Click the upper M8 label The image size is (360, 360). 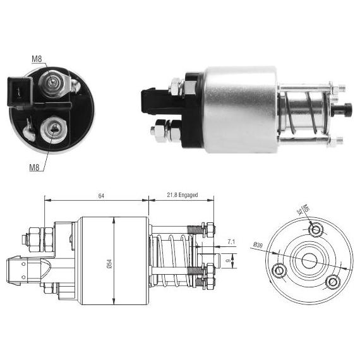tap(37, 59)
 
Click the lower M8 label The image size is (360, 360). tap(35, 167)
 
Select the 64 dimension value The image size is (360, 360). tap(101, 196)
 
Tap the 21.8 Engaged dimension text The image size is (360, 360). tap(183, 195)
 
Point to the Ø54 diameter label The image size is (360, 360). tap(109, 264)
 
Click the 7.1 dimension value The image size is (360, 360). tap(231, 241)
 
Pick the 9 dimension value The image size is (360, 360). tap(228, 261)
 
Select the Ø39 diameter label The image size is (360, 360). tap(258, 245)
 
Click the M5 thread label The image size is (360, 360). tap(306, 208)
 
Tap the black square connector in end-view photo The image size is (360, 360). tap(20, 91)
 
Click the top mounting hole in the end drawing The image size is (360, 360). tap(316, 229)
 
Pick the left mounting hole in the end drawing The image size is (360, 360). tap(279, 270)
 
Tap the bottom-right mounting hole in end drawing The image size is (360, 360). tap(333, 282)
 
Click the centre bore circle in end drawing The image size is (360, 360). tap(309, 261)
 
